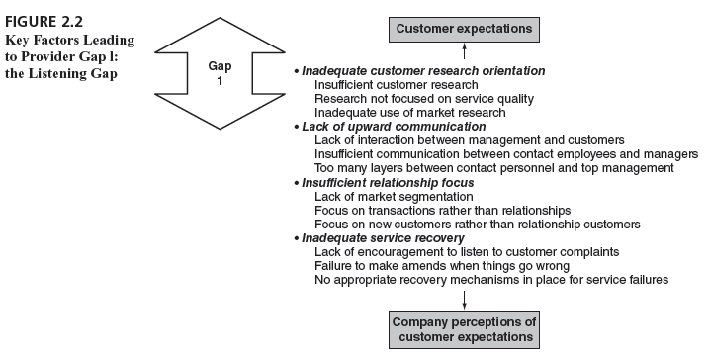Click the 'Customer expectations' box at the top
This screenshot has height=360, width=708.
[x=464, y=29]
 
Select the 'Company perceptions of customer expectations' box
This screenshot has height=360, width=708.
[x=464, y=329]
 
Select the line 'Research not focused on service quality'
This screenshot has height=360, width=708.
[x=424, y=99]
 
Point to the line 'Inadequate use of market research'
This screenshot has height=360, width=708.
[x=409, y=113]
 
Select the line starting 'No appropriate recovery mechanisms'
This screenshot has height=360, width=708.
[x=491, y=280]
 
